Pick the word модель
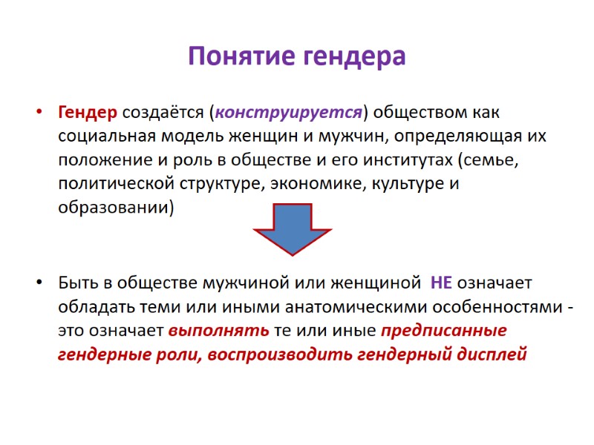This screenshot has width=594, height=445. tap(180, 137)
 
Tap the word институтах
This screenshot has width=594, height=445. tap(396, 161)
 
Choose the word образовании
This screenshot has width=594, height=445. tap(115, 208)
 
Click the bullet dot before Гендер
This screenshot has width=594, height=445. tap(38, 114)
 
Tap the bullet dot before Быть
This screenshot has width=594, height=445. tap(38, 284)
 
